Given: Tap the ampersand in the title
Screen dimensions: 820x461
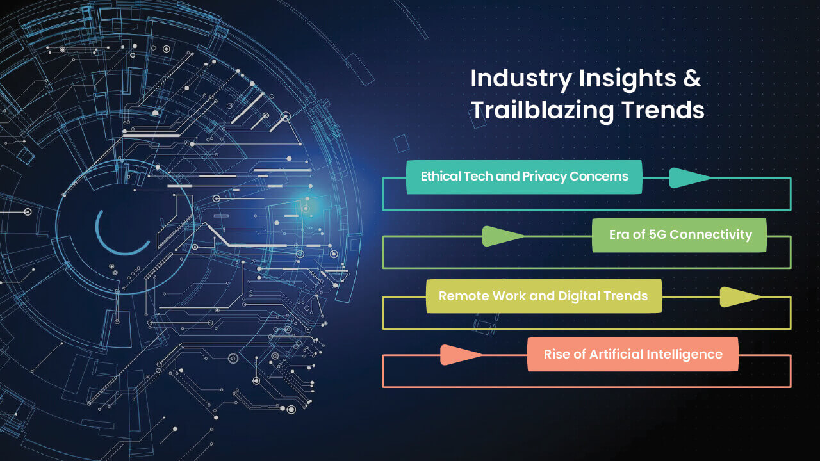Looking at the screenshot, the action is click(692, 78).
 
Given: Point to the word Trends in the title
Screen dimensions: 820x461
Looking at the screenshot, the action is click(663, 109).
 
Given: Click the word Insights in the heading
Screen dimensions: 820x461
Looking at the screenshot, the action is click(627, 79).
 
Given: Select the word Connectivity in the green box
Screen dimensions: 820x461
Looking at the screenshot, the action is click(711, 235).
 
